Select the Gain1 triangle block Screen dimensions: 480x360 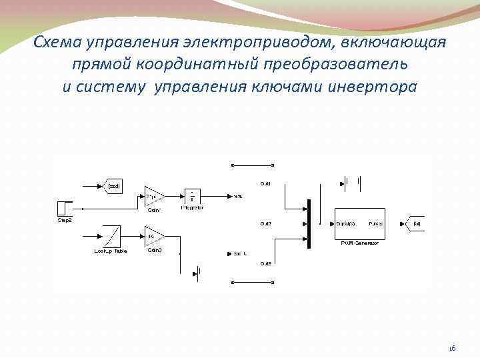click(x=154, y=196)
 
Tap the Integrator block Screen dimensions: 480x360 click(x=192, y=196)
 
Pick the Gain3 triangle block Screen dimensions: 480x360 click(x=154, y=237)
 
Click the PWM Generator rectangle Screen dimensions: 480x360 click(x=359, y=224)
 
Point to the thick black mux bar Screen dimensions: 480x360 click(x=309, y=224)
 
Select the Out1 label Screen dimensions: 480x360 click(x=265, y=183)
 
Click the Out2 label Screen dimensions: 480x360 click(x=265, y=223)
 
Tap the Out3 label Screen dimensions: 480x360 click(x=265, y=264)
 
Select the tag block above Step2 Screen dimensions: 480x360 click(x=113, y=185)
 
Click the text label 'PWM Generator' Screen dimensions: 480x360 click(x=359, y=244)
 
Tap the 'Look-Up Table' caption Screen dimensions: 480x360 click(x=110, y=251)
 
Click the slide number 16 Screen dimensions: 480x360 click(x=451, y=348)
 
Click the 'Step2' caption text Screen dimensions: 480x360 click(x=63, y=219)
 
